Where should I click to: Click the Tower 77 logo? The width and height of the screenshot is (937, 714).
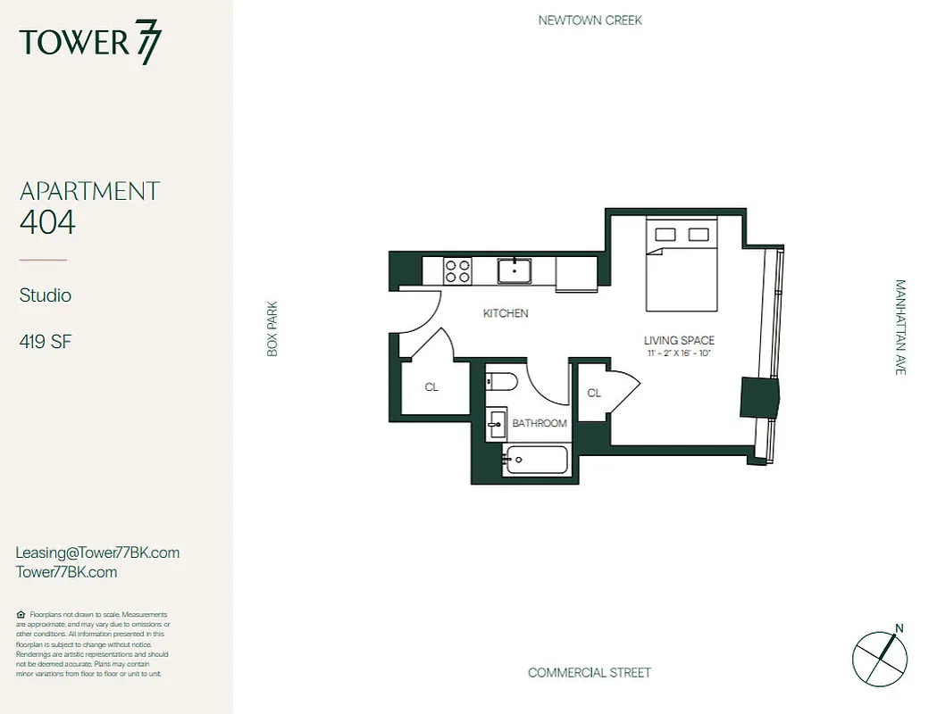coord(90,43)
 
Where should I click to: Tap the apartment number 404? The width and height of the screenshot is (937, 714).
coord(47,221)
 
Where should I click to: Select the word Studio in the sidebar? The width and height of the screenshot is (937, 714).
coord(46,295)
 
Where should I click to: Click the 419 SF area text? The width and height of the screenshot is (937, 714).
coord(46,342)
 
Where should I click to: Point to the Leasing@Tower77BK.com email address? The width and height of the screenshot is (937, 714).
coord(97,552)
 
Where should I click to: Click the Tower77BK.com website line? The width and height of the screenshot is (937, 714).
coord(66,572)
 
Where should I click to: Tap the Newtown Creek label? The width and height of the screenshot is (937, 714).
coord(590,20)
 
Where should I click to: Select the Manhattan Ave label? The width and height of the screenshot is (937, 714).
coord(900,328)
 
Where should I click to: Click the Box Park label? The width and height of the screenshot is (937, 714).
coord(272,329)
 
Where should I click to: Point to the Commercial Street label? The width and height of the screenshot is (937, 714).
coord(590,672)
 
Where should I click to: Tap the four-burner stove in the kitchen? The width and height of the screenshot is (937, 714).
coord(458,270)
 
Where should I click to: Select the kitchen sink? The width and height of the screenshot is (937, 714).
coord(515,270)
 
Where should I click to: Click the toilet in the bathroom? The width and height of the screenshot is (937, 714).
coord(502,383)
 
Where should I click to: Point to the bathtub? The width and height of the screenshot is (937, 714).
coord(536,461)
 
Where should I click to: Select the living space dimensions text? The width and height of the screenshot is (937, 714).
coord(679,354)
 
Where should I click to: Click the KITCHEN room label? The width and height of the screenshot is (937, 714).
coord(506,313)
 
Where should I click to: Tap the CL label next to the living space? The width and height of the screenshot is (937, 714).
coord(594,393)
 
